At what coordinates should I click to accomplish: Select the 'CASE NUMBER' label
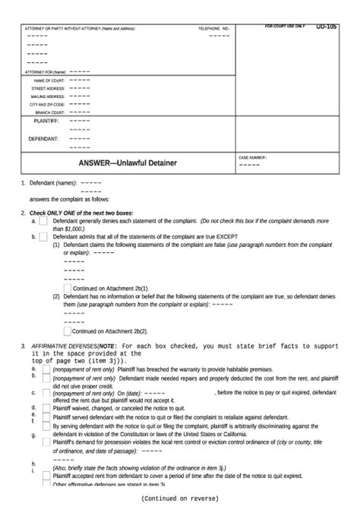pyautogui.click(x=253, y=157)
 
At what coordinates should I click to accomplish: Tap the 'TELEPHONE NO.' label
pyautogui.click(x=213, y=28)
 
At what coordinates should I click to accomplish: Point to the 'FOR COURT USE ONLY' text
pyautogui.click(x=285, y=26)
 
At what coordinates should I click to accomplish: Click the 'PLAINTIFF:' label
pyautogui.click(x=46, y=121)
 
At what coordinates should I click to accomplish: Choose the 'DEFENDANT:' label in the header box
pyautogui.click(x=43, y=139)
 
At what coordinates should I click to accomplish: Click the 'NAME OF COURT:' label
pyautogui.click(x=49, y=80)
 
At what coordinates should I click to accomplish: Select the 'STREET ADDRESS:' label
pyautogui.click(x=47, y=88)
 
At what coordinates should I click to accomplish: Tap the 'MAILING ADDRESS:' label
pyautogui.click(x=47, y=96)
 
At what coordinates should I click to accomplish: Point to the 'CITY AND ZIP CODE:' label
pyautogui.click(x=46, y=105)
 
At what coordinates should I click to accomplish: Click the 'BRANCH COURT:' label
pyautogui.click(x=49, y=112)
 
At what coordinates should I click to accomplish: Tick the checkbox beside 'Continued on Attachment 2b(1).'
pyautogui.click(x=68, y=289)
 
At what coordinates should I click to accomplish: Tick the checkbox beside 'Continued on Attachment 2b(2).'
pyautogui.click(x=68, y=330)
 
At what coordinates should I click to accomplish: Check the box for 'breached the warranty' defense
pyautogui.click(x=46, y=368)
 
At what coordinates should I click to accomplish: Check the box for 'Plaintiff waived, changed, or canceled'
pyautogui.click(x=46, y=408)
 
